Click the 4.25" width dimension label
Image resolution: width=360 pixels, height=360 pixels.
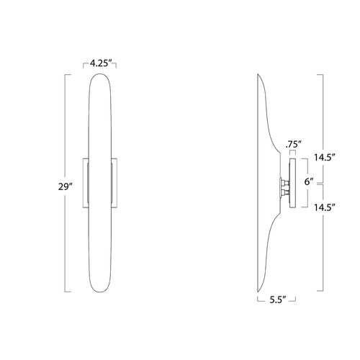pyautogui.click(x=99, y=63)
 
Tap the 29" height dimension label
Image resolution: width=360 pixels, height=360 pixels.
pyautogui.click(x=65, y=186)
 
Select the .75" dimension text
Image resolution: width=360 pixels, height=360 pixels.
pyautogui.click(x=293, y=145)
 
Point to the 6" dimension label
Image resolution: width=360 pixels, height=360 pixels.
pyautogui.click(x=309, y=181)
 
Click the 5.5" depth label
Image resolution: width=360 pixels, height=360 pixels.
pyautogui.click(x=278, y=300)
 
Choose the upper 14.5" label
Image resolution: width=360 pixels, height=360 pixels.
pyautogui.click(x=325, y=158)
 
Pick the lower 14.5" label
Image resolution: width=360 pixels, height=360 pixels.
pyautogui.click(x=325, y=207)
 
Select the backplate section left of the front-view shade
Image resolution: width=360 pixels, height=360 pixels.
pyautogui.click(x=86, y=183)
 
